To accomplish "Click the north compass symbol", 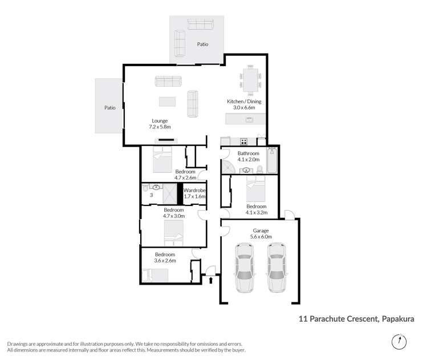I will coord(401,342).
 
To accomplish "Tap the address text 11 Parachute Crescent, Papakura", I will coord(356,321).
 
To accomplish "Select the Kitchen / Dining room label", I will coord(245,104).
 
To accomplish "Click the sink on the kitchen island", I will coord(249,119).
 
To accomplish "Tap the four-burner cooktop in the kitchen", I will coord(243,141).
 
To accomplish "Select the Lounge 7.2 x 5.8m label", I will coord(161,123).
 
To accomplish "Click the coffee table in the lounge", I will coord(168,102).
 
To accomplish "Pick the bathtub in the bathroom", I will coord(273,160).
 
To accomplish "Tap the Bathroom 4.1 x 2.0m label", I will coord(249,156).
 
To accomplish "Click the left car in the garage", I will coord(244,267).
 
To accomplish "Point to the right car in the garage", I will coord(276,267).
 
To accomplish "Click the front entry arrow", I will coord(212,280).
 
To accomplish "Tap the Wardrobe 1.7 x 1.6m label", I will coord(194,193).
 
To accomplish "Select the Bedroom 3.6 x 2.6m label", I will coord(165,257).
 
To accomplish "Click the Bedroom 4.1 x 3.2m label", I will coord(256,209).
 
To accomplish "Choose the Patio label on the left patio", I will coord(109,107).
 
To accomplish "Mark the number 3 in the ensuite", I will coord(151,195).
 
